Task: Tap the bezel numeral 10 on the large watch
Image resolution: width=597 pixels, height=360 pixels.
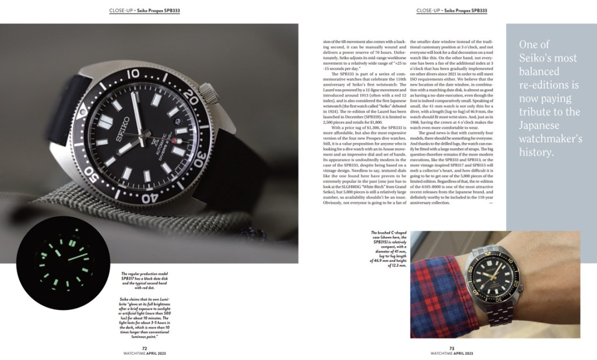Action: coord(134,74)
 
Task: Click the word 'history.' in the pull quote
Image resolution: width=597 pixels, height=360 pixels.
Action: coord(536,153)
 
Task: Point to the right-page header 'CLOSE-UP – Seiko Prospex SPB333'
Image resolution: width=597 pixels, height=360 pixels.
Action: coord(452,11)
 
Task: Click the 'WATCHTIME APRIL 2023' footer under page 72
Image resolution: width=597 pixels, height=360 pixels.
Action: coord(152,354)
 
